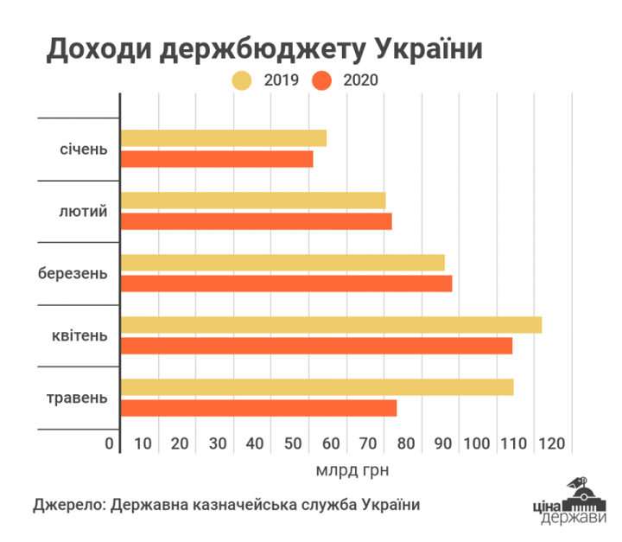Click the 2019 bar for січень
point(224,138)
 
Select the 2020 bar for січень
point(217,159)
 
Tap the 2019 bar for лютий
point(253,201)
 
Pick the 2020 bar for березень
point(286,284)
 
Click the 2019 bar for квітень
point(331,325)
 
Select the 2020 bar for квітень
point(316,346)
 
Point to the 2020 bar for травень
point(258,408)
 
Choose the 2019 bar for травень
point(317,387)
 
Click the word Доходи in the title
point(91,48)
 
